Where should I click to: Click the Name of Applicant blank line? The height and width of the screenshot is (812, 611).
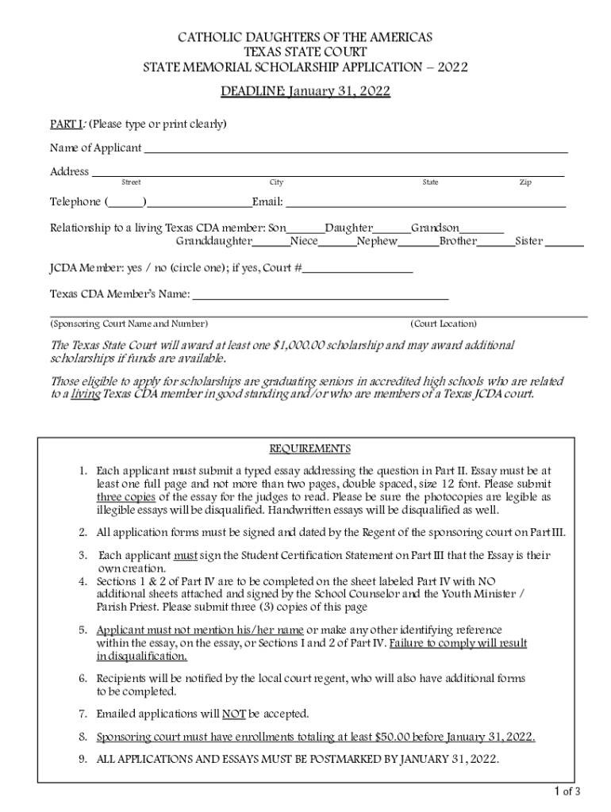[355, 149]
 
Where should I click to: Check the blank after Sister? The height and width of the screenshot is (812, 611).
[564, 243]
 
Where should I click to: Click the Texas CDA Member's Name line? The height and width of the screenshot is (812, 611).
[321, 297]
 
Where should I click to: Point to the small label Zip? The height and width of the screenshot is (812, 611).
[525, 183]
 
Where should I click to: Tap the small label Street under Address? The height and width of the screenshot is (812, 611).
[131, 183]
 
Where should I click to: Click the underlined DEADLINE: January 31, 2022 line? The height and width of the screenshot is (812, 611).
[305, 92]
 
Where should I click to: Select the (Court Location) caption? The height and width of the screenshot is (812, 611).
[444, 324]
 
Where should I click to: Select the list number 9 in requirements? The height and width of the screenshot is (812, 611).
[83, 759]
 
